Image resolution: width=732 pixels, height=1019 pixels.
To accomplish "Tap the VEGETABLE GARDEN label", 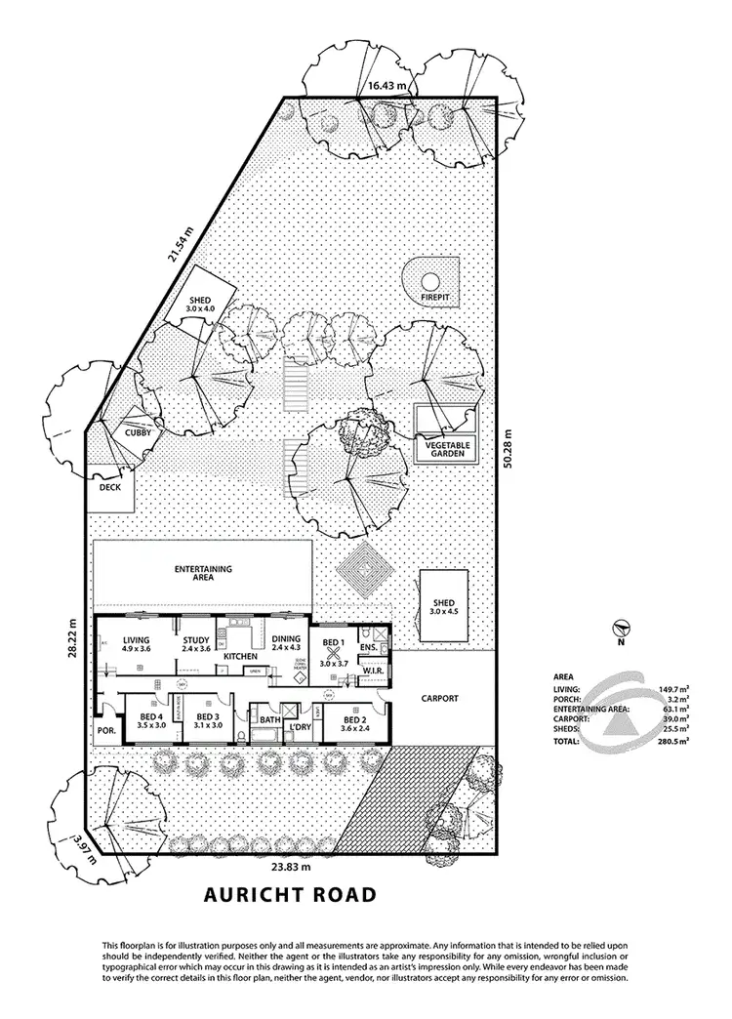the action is coord(448,450).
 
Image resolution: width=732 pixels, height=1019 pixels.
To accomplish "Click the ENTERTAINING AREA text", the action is coord(202,573).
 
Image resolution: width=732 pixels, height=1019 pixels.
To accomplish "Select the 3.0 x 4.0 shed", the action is coord(201,304).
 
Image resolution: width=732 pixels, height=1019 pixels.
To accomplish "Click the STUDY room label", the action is coord(196,641).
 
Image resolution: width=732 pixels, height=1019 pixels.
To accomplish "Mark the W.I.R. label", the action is coord(371,672).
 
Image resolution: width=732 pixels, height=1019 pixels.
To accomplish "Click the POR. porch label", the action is coord(105,731).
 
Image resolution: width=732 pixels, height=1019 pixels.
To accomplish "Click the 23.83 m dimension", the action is coord(291,867).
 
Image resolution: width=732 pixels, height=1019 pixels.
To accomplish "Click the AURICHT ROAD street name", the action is coord(289,895).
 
